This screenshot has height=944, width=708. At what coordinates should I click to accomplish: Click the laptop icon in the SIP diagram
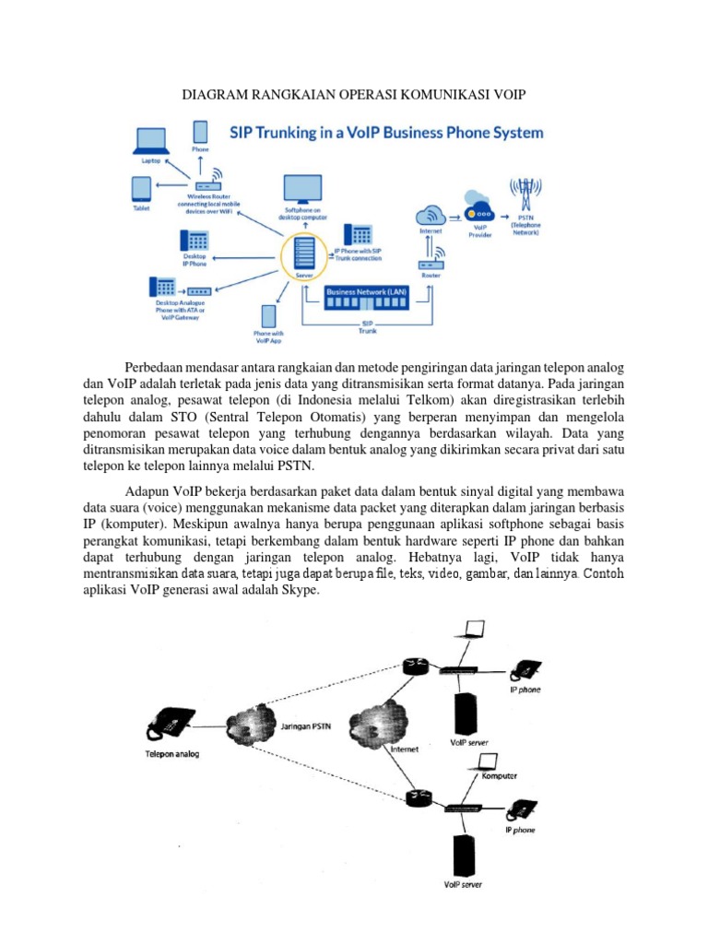(149, 141)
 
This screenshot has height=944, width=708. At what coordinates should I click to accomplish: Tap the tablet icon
(141, 189)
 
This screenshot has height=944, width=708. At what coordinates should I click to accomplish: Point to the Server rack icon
(304, 253)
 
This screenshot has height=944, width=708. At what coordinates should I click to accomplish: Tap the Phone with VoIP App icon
(269, 317)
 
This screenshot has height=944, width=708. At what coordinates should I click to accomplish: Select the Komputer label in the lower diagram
(501, 776)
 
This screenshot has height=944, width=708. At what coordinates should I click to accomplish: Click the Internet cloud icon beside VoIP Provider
(431, 215)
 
